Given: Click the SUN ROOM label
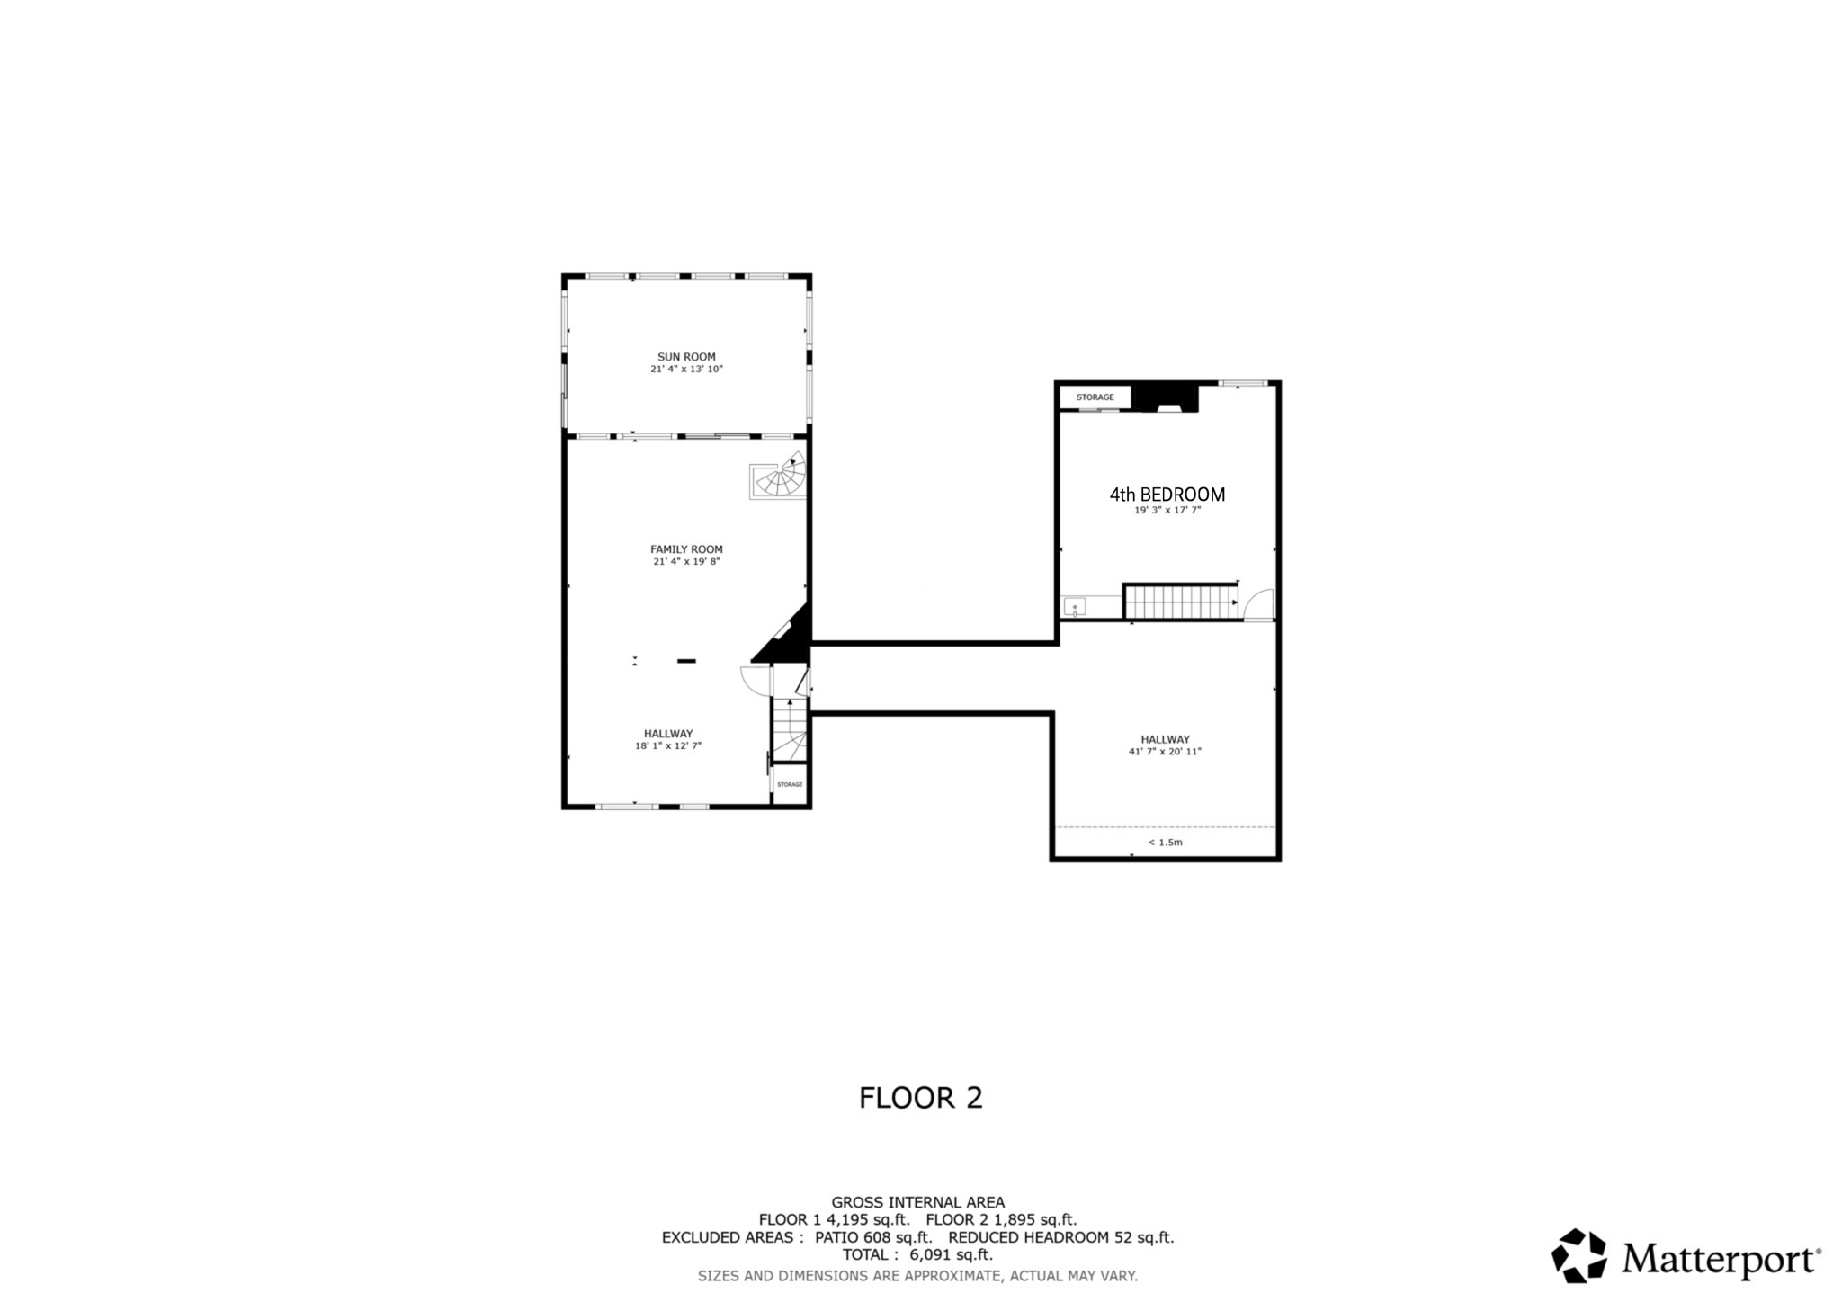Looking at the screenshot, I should pyautogui.click(x=686, y=357).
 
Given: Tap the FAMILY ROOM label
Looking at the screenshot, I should pyautogui.click(x=686, y=549).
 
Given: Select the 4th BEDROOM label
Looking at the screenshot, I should pyautogui.click(x=1167, y=495).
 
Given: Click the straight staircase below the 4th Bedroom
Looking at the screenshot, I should pyautogui.click(x=1180, y=602).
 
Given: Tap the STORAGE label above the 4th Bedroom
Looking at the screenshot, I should pyautogui.click(x=1095, y=397).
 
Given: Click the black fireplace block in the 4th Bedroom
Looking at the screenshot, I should pyautogui.click(x=1166, y=397).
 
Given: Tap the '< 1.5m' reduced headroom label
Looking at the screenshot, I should pyautogui.click(x=1165, y=843).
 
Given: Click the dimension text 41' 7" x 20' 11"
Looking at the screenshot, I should pyautogui.click(x=1165, y=752).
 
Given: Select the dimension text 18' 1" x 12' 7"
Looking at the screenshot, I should pyautogui.click(x=667, y=745).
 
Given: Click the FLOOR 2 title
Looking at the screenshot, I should pyautogui.click(x=920, y=1098).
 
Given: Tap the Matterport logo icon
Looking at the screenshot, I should pyautogui.click(x=1579, y=1255).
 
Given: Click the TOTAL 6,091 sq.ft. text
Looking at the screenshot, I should pyautogui.click(x=917, y=1254).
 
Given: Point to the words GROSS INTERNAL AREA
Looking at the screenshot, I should pyautogui.click(x=917, y=1202).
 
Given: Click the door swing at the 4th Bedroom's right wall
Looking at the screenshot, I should pyautogui.click(x=1262, y=604).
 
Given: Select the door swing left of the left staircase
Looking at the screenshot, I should pyautogui.click(x=754, y=680).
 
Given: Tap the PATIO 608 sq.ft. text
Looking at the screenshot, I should pyautogui.click(x=872, y=1237).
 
